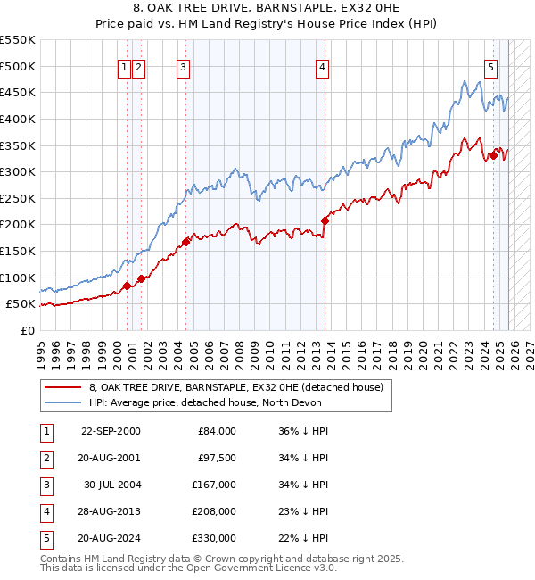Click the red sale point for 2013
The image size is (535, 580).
[x=325, y=220]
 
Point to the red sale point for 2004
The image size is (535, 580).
[x=185, y=241]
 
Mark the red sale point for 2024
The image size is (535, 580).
[x=493, y=156]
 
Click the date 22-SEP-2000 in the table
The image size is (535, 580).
[x=110, y=431]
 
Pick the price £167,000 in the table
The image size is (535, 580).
[x=214, y=485]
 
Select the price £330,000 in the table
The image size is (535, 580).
[x=214, y=538]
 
